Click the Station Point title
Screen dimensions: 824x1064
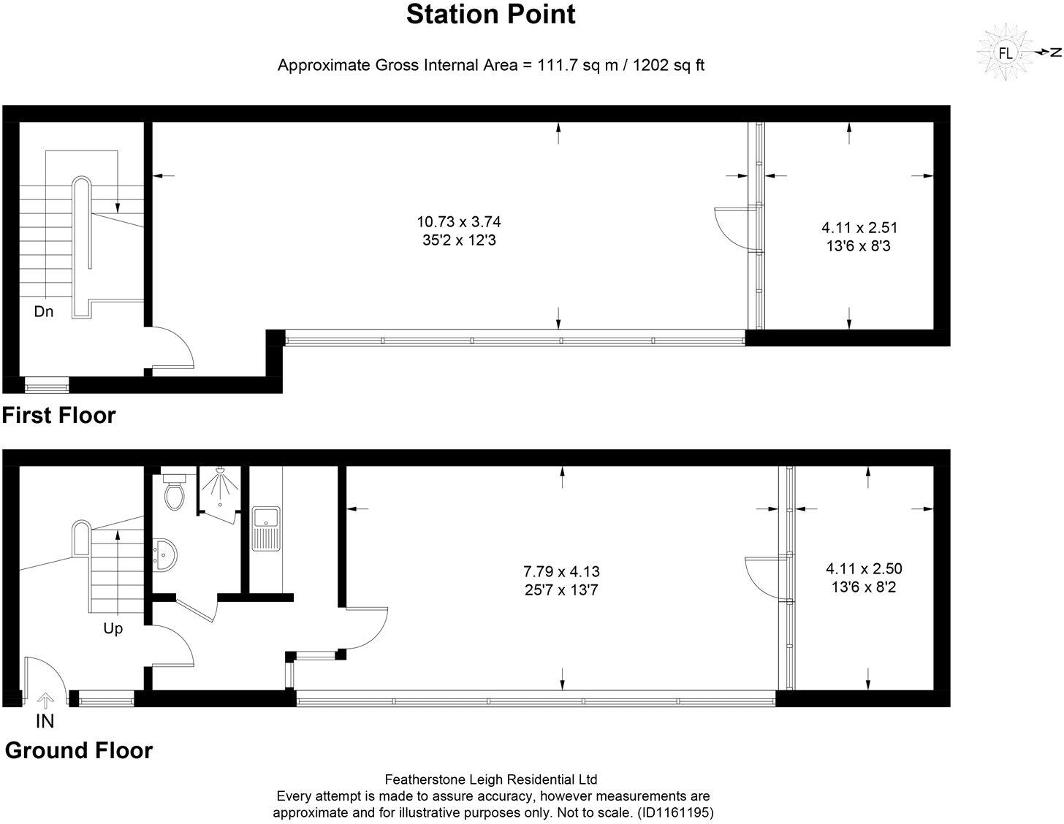tap(490, 15)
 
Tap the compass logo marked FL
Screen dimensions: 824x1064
tap(1006, 53)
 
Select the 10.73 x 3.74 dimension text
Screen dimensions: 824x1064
tap(458, 221)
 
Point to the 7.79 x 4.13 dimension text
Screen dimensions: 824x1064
tap(561, 571)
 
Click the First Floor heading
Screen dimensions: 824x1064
tap(58, 415)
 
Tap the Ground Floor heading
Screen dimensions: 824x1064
tap(78, 750)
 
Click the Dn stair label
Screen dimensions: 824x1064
tap(44, 312)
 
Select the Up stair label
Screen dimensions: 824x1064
tap(113, 628)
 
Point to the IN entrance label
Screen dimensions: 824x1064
tap(45, 722)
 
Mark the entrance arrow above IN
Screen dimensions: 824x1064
tap(45, 701)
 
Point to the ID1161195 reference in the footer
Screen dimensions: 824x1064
tap(673, 812)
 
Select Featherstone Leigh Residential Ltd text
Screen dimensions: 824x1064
tap(491, 779)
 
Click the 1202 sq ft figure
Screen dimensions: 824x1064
tap(668, 65)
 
